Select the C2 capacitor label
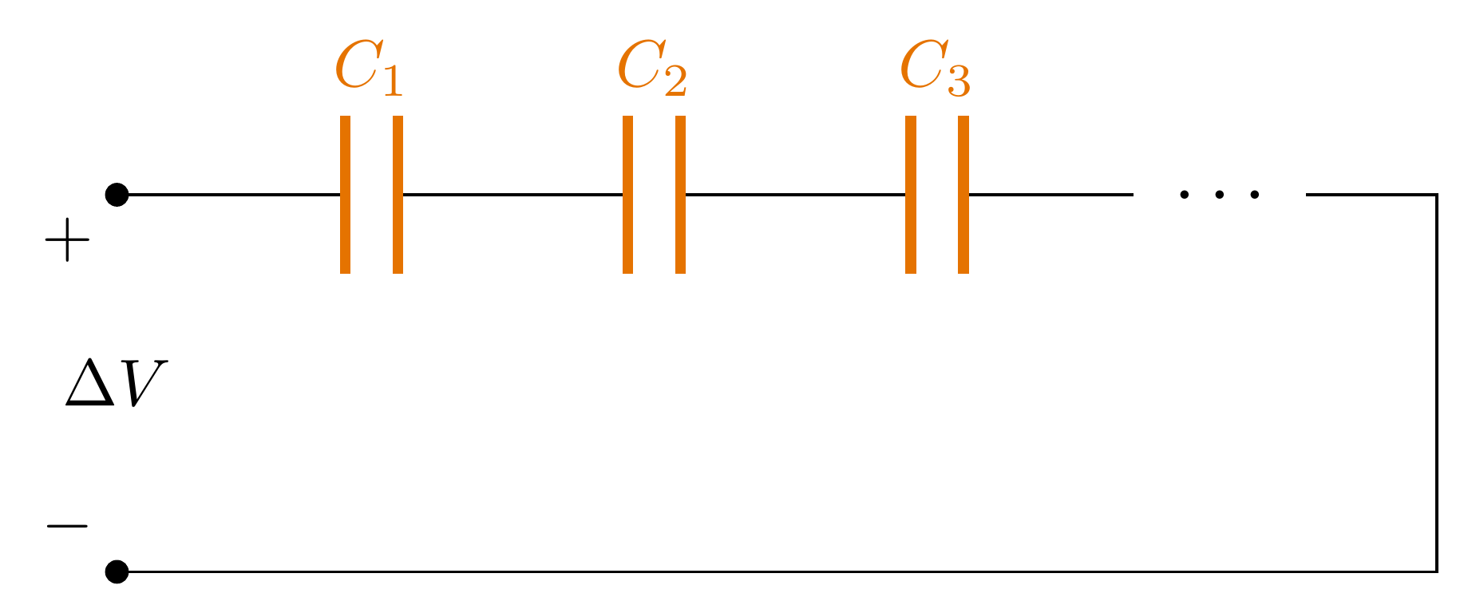pyautogui.click(x=651, y=69)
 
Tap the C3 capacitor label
pyautogui.click(x=935, y=69)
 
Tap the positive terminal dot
pyautogui.click(x=117, y=195)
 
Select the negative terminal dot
pyautogui.click(x=117, y=571)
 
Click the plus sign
pyautogui.click(x=67, y=239)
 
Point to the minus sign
pyautogui.click(x=67, y=525)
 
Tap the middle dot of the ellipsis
pyautogui.click(x=1219, y=195)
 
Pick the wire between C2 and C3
pyautogui.click(x=795, y=195)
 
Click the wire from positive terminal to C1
pyautogui.click(x=231, y=195)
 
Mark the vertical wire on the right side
pyautogui.click(x=1436, y=383)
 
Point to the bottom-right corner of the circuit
pyautogui.click(x=1436, y=571)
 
